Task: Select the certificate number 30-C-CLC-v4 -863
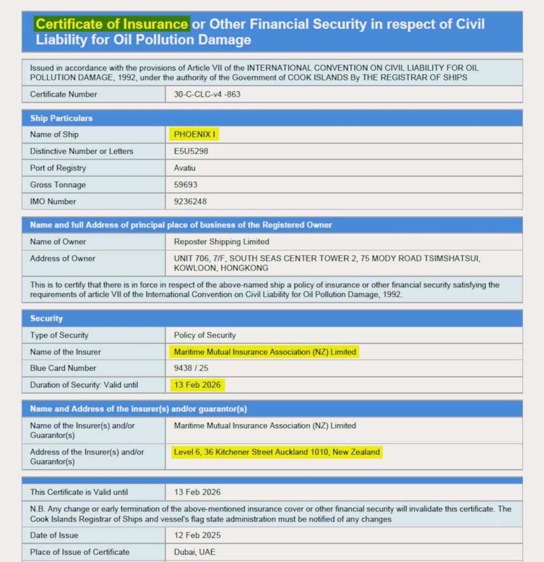click(x=207, y=94)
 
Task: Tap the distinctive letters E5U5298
click(x=191, y=151)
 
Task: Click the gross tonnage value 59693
click(x=186, y=185)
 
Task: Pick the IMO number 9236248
click(x=190, y=201)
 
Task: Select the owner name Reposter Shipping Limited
click(x=221, y=241)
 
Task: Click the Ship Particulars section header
click(x=61, y=118)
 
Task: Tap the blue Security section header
click(x=46, y=318)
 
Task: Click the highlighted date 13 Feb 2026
click(x=197, y=385)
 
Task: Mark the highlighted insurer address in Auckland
click(x=277, y=452)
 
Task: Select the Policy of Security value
click(x=204, y=335)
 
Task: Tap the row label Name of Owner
click(x=58, y=241)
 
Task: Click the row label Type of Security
click(x=59, y=335)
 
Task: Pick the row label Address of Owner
click(x=63, y=258)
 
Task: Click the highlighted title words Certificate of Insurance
click(x=112, y=24)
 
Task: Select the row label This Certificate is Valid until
click(x=78, y=492)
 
